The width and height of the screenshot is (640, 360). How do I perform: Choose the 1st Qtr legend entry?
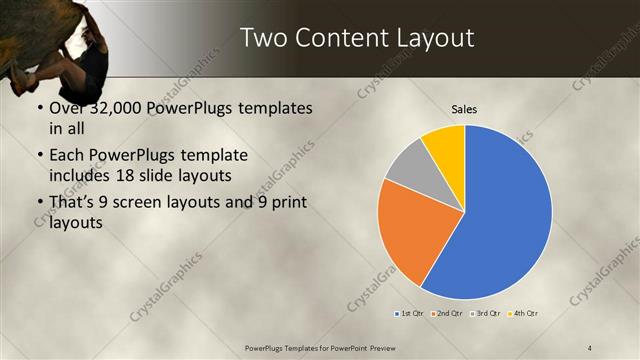tap(410, 314)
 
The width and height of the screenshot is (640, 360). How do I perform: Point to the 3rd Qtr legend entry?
tap(486, 314)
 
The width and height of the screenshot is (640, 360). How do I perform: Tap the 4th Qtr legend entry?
tap(524, 314)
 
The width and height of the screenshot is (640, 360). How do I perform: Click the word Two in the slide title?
tap(265, 38)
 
